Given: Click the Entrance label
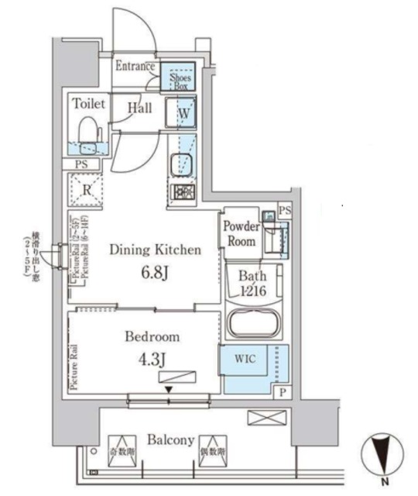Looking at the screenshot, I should (x=136, y=67).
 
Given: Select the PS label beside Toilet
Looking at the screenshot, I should (x=81, y=164).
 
